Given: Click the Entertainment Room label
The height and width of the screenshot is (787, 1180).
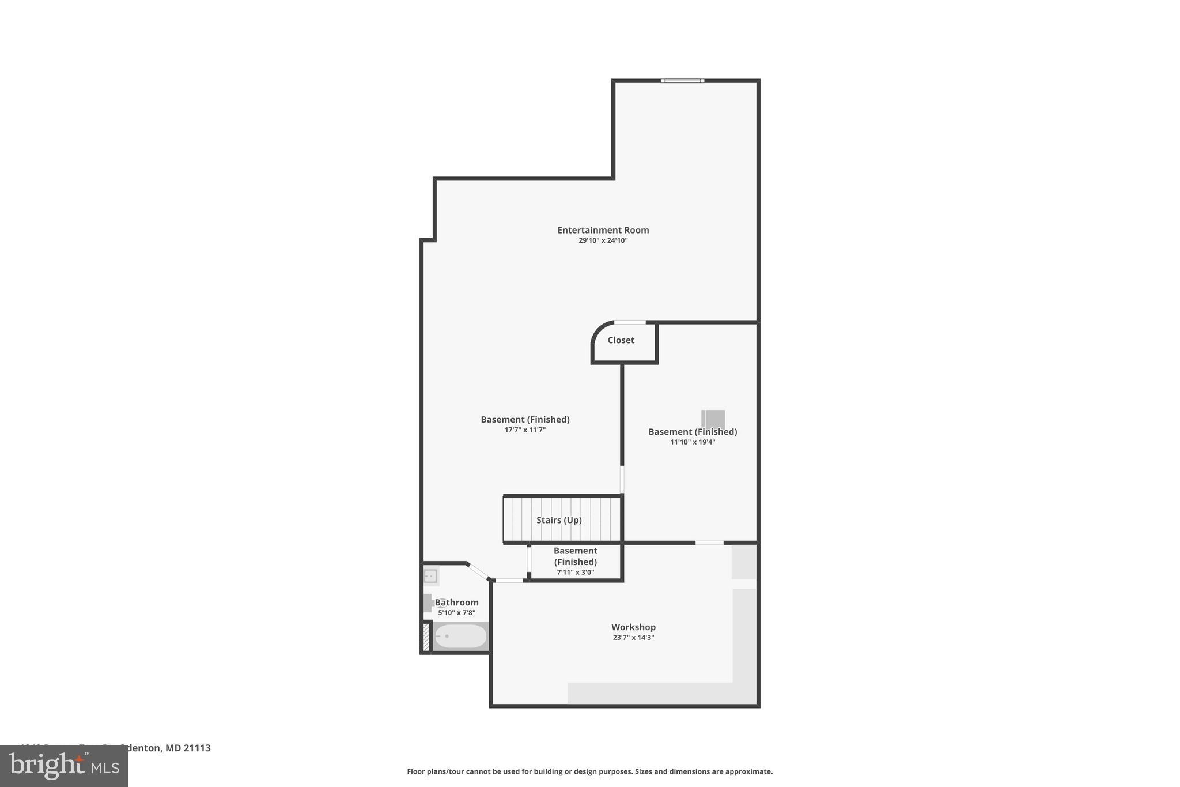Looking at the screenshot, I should [x=603, y=230].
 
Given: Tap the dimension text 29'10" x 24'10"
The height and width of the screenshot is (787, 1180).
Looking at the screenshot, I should [x=603, y=240].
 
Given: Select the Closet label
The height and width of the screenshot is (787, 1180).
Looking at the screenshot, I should [x=621, y=340].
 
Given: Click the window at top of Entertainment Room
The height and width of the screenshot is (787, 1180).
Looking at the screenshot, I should [x=682, y=81].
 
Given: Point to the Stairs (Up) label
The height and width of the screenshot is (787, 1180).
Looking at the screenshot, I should [x=559, y=520].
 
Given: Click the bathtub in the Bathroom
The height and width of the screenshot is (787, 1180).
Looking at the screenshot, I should [x=460, y=637].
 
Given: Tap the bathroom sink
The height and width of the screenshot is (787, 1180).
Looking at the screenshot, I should [x=430, y=576].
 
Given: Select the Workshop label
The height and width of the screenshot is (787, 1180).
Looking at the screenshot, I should [x=633, y=627].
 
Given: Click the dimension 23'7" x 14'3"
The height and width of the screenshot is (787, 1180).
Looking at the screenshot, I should [x=633, y=638].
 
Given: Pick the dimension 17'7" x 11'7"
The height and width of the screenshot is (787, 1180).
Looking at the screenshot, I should [x=525, y=430].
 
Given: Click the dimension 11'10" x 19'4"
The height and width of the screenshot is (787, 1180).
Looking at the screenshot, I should [x=693, y=442].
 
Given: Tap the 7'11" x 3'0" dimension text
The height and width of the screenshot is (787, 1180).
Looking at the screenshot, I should [x=575, y=573].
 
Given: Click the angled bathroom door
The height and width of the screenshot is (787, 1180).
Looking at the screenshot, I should [x=478, y=571].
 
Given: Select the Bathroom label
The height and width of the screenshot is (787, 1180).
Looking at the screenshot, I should [x=457, y=603].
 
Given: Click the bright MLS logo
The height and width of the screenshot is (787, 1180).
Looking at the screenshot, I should [x=63, y=766].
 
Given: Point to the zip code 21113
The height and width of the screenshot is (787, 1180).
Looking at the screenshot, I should [x=197, y=748].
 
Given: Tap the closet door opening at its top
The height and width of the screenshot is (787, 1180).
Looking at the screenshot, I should [x=630, y=322].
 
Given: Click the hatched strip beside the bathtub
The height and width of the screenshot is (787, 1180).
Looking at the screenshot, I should [x=426, y=637].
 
